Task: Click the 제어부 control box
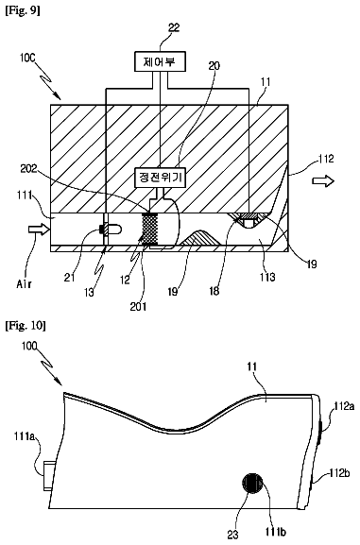[x=160, y=62]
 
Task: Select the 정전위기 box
[x=161, y=178]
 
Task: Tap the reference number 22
[x=174, y=27]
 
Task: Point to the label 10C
[x=27, y=58]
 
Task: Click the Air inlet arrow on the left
[x=40, y=229]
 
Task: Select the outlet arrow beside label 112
[x=323, y=180]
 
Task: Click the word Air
[x=24, y=284]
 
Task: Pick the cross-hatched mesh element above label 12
[x=150, y=229]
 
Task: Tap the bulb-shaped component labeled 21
[x=111, y=230]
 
